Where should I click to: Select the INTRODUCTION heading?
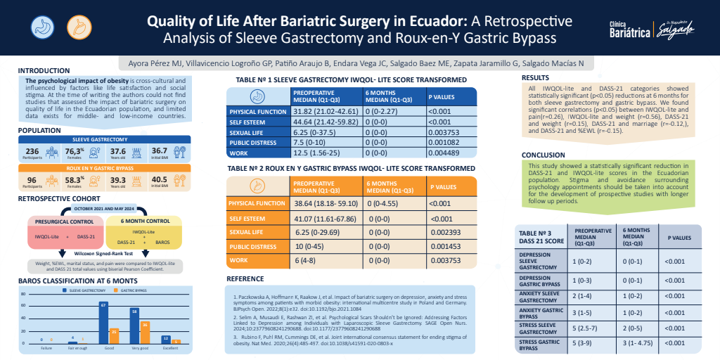44,70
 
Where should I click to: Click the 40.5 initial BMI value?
159,179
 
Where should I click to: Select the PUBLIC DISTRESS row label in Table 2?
252,246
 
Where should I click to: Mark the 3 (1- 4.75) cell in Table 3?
641,342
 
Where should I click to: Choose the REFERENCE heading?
245,278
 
